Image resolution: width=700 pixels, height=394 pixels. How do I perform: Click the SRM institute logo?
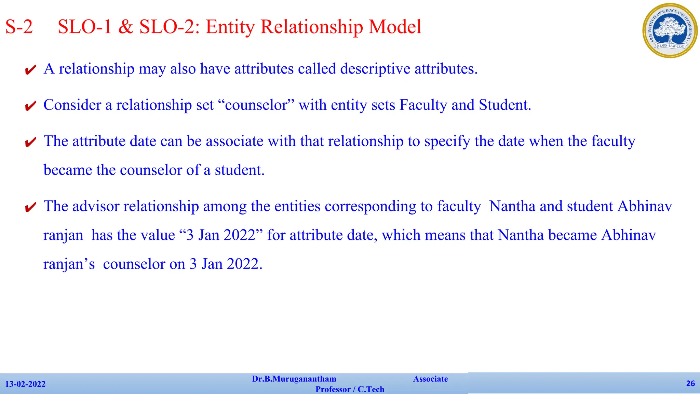tap(670, 30)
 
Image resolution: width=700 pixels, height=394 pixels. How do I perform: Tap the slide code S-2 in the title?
tap(19, 27)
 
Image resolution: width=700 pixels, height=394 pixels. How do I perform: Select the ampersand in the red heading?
tap(125, 27)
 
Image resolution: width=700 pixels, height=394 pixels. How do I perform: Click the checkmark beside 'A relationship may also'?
tap(31, 70)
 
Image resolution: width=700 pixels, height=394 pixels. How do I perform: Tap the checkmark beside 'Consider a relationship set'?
tap(31, 106)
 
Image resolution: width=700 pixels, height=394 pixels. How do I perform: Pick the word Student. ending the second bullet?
tap(505, 105)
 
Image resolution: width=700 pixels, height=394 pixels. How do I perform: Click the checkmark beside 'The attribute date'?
tap(31, 142)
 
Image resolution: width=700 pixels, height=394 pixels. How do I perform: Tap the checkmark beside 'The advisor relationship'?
tap(31, 207)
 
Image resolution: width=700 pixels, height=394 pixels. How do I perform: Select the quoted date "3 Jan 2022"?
tap(221, 235)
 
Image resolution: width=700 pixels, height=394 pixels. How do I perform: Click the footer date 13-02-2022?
tap(25, 384)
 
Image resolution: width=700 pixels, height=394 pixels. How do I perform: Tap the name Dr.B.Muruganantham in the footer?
tap(294, 379)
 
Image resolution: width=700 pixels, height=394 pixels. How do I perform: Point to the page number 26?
tap(690, 383)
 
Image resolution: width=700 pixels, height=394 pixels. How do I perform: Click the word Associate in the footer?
tap(430, 379)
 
